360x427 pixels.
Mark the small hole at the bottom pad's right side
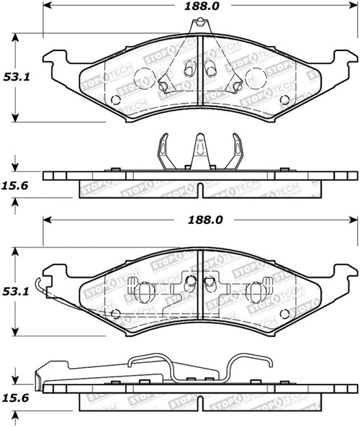(285, 313)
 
